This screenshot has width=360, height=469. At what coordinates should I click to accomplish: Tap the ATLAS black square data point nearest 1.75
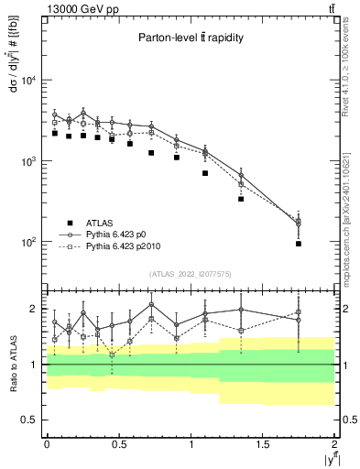point(299,244)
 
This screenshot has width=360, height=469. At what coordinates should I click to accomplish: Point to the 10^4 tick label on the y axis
point(27,81)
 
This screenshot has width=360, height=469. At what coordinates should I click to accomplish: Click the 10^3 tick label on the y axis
point(27,161)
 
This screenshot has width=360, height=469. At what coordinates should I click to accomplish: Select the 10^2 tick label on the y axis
point(27,242)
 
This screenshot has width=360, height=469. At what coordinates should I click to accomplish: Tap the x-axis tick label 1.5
point(263,444)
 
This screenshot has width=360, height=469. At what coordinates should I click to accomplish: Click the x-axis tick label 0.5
point(118,444)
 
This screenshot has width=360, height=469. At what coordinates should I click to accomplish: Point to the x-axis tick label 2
point(335,444)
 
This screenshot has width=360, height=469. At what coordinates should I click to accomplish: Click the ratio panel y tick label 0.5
point(31,420)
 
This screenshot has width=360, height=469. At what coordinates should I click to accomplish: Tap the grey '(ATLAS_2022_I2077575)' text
point(190,274)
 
